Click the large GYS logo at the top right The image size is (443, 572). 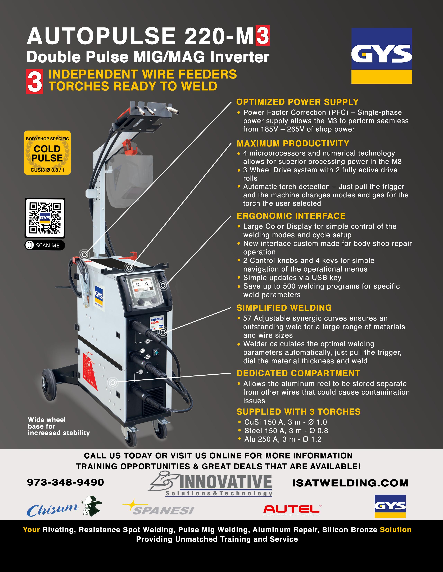pos(381,55)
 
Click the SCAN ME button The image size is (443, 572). pos(45,245)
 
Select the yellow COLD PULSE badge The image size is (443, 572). pos(47,153)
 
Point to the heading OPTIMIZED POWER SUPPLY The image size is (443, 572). pos(297,102)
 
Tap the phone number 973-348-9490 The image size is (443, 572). pos(66,482)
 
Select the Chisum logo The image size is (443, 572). pos(64,507)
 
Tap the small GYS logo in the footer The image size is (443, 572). pos(390,506)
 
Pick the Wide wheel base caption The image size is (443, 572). pos(59,426)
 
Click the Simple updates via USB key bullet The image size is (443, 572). pos(289,278)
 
